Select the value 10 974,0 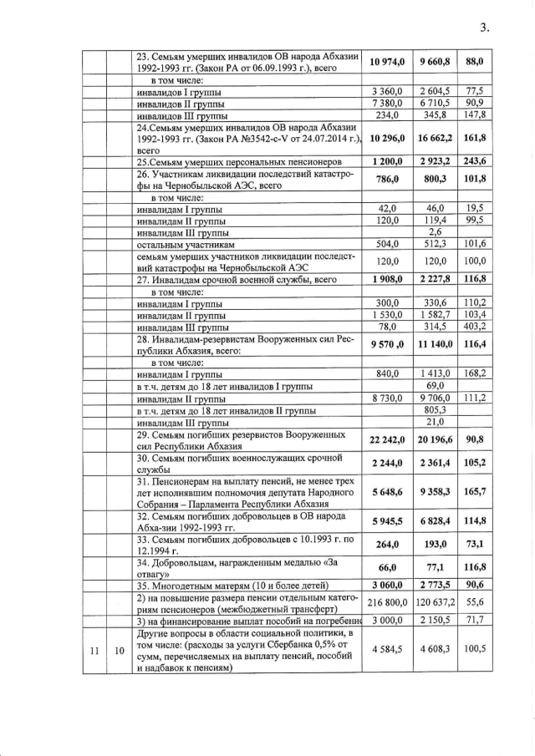click(x=389, y=62)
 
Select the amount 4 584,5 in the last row click(x=389, y=649)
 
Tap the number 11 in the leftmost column click(x=94, y=649)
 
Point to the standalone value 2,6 click(x=436, y=232)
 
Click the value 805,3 click(x=436, y=410)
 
